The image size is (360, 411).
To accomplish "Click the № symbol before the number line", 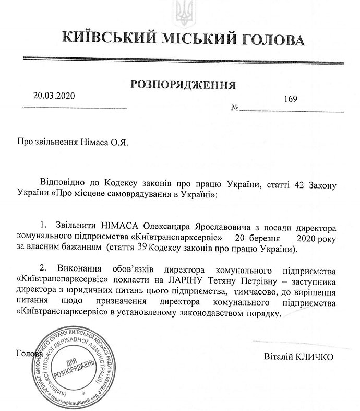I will point(235,109).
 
